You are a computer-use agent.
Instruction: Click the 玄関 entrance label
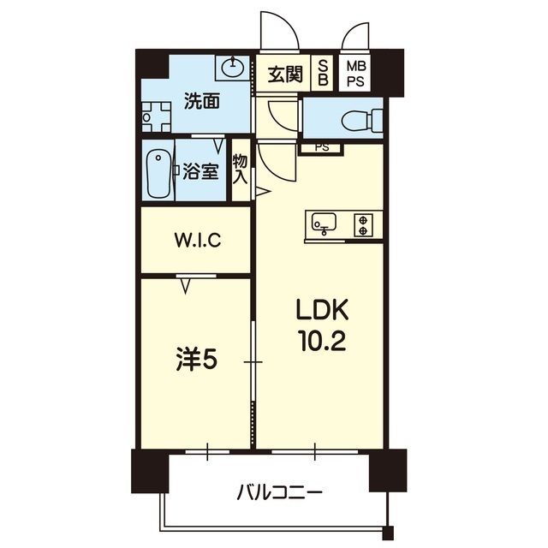coord(283,74)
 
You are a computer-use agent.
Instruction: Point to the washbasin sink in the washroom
coord(230,66)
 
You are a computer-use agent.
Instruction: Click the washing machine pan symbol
coord(157,116)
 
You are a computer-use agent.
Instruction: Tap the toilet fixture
coord(360,121)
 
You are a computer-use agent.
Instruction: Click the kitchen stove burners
coord(365,224)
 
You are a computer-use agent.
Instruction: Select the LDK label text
coord(321,310)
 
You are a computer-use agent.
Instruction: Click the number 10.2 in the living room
coord(321,341)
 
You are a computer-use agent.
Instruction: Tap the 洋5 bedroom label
coord(196,360)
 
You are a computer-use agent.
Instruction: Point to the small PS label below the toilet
coord(321,147)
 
